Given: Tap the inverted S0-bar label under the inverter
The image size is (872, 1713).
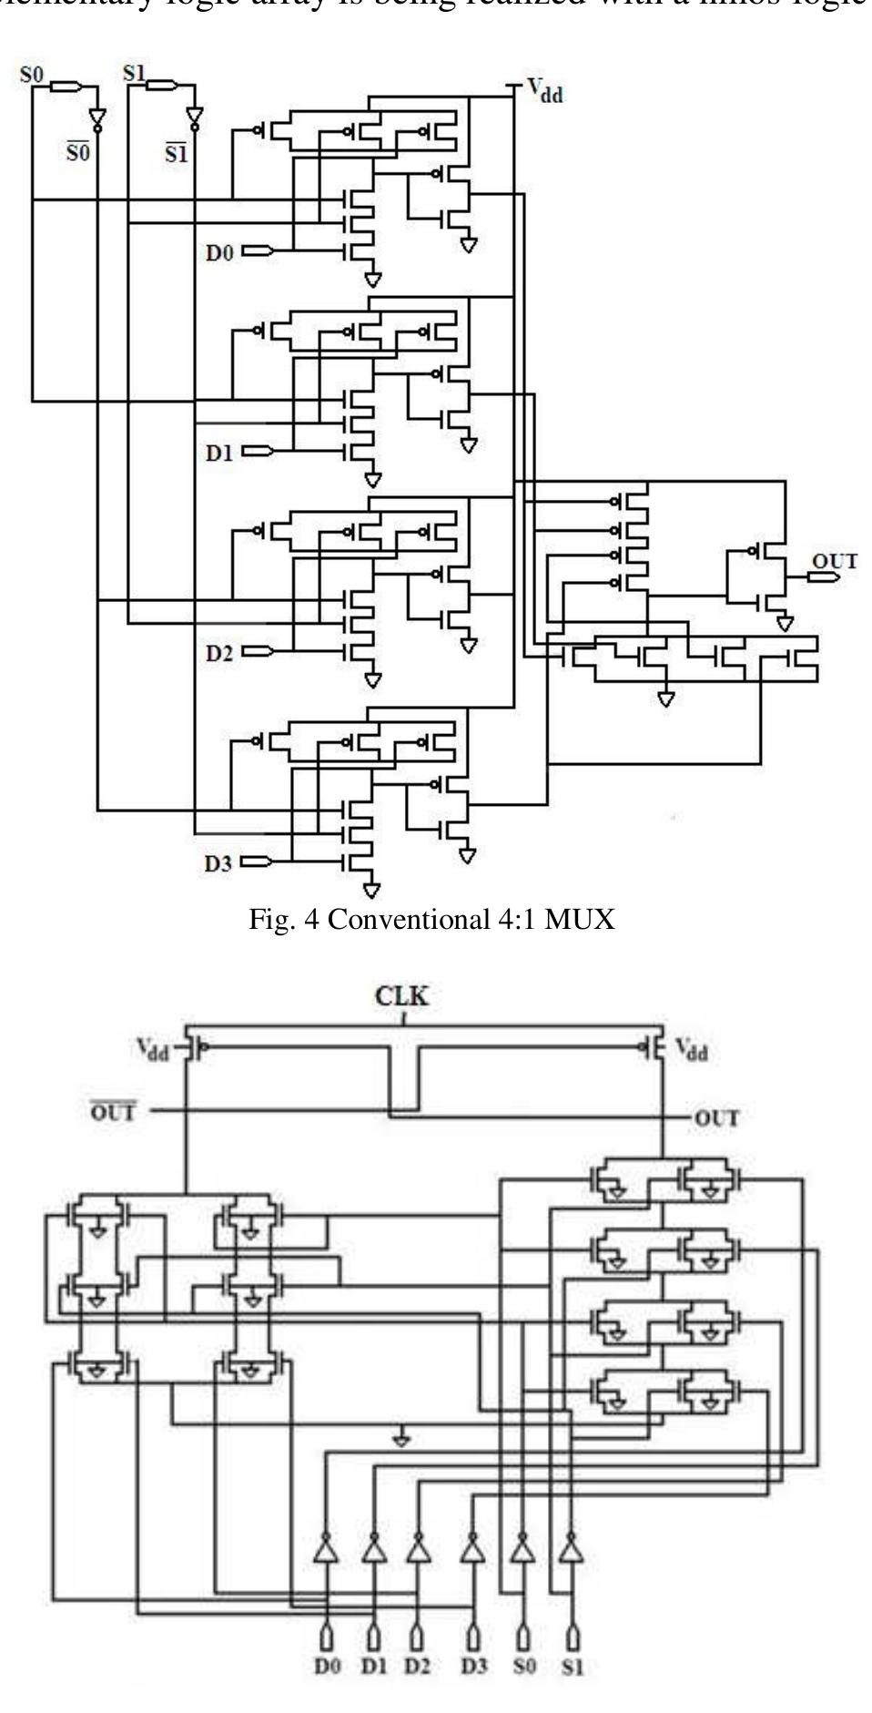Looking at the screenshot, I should pyautogui.click(x=78, y=152).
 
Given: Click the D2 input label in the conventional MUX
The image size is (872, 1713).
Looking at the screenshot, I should pyautogui.click(x=219, y=652).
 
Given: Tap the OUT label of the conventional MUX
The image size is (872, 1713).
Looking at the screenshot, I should pyautogui.click(x=834, y=561).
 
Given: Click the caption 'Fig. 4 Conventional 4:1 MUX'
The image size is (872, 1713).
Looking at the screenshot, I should pyautogui.click(x=432, y=920).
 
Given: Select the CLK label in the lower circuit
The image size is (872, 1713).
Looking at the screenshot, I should pyautogui.click(x=402, y=995).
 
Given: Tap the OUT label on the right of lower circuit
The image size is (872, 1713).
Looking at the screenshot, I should pyautogui.click(x=716, y=1117).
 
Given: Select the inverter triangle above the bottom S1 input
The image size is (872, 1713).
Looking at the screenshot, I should pyautogui.click(x=572, y=1548).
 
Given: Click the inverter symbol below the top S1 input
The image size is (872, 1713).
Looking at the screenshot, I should pyautogui.click(x=193, y=117).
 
